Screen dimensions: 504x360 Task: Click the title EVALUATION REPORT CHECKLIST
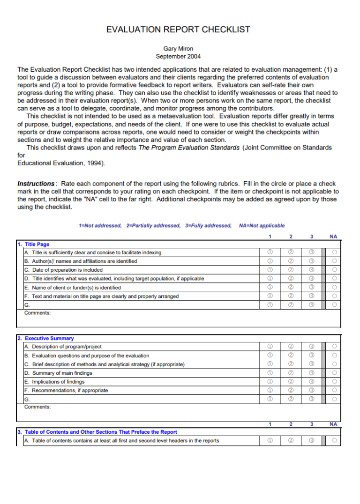pos(178,30)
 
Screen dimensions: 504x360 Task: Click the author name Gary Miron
pos(178,48)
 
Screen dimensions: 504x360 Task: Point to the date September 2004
pos(178,57)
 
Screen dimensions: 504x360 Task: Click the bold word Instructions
pos(36,184)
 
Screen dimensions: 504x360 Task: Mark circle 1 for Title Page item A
pos(270,252)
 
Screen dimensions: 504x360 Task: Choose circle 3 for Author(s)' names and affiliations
pos(312,261)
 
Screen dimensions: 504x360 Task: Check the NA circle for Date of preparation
pos(334,270)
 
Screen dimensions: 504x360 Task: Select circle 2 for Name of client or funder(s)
pos(291,287)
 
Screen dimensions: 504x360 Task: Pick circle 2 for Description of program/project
pos(291,347)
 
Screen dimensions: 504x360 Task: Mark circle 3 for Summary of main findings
pos(312,373)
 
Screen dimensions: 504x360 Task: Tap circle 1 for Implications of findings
pos(270,382)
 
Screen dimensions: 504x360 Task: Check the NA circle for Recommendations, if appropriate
pos(334,390)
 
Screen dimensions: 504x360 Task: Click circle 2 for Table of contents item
pos(291,440)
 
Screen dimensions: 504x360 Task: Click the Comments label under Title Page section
pos(37,312)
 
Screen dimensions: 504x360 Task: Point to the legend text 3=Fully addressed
pos(208,226)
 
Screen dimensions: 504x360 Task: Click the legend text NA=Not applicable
pos(262,226)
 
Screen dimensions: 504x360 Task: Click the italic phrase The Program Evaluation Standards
pos(189,148)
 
